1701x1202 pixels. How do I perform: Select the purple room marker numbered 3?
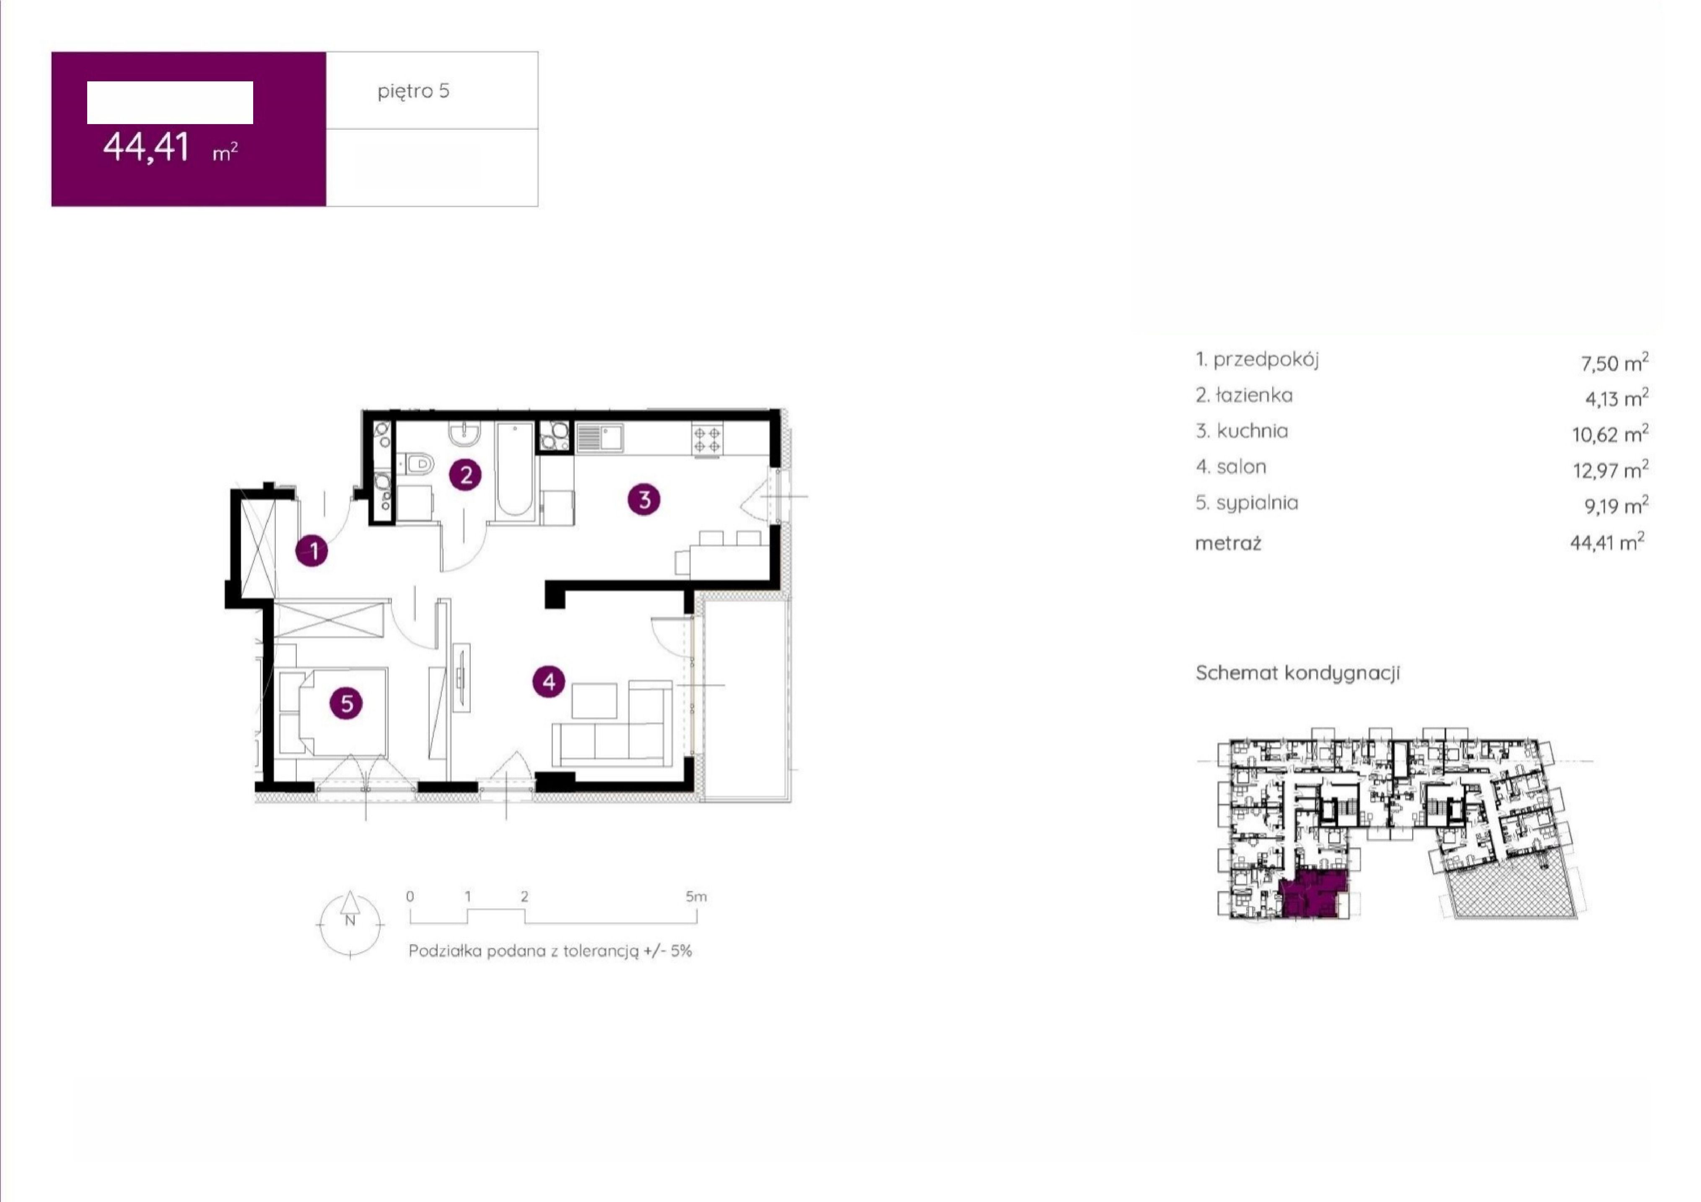(644, 499)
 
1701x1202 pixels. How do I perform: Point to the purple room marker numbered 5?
(347, 703)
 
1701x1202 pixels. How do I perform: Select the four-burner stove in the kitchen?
(707, 438)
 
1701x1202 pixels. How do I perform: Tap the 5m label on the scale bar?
(696, 897)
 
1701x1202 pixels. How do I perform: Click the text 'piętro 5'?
(413, 91)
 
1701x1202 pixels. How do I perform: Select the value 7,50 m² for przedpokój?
(1614, 362)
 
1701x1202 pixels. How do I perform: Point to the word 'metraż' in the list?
(1228, 543)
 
